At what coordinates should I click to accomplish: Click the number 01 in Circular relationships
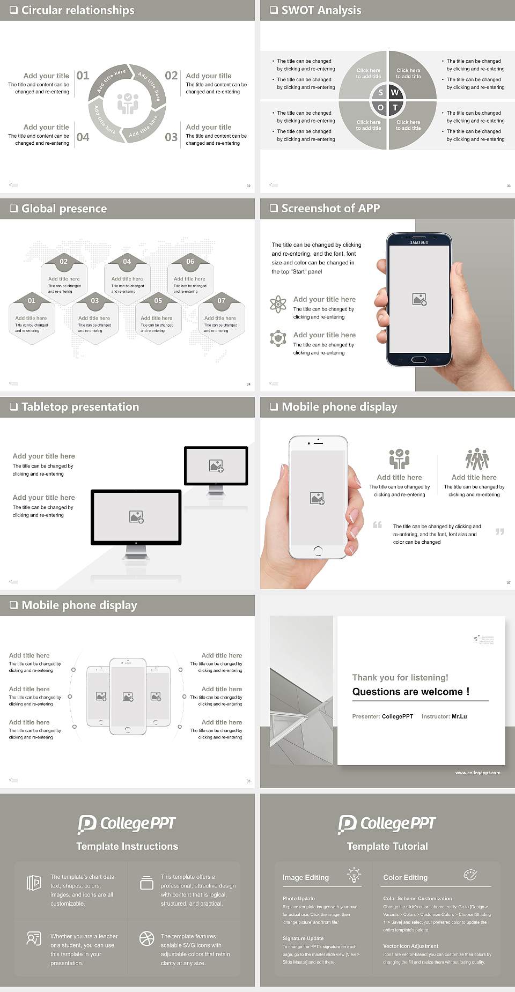coord(83,76)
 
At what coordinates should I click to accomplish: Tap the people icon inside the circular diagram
coord(128,103)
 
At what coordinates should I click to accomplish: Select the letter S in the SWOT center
coord(381,92)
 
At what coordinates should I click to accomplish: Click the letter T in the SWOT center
coord(395,107)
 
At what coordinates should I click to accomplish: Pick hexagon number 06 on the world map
coord(190,261)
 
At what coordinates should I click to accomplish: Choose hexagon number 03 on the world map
coord(95,301)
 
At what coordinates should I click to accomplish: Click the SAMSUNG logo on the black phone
coord(419,242)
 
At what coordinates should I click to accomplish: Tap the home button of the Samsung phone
coord(419,359)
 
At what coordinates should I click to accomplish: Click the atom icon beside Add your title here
coord(278,304)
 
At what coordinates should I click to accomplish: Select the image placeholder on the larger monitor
coord(136,516)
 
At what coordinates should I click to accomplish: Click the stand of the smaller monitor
coord(216,490)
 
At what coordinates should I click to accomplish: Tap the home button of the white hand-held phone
coord(318,551)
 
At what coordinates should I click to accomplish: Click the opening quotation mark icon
coord(378,524)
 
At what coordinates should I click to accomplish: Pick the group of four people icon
coord(477,459)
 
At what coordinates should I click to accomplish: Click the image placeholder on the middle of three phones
coord(128,697)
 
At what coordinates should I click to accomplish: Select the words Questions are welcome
coord(410,692)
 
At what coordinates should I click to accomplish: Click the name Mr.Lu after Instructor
coord(459,716)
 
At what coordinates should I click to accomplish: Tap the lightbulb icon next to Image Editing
coord(354,875)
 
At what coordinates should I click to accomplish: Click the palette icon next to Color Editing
coord(470,875)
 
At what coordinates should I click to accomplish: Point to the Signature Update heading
coord(303,938)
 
